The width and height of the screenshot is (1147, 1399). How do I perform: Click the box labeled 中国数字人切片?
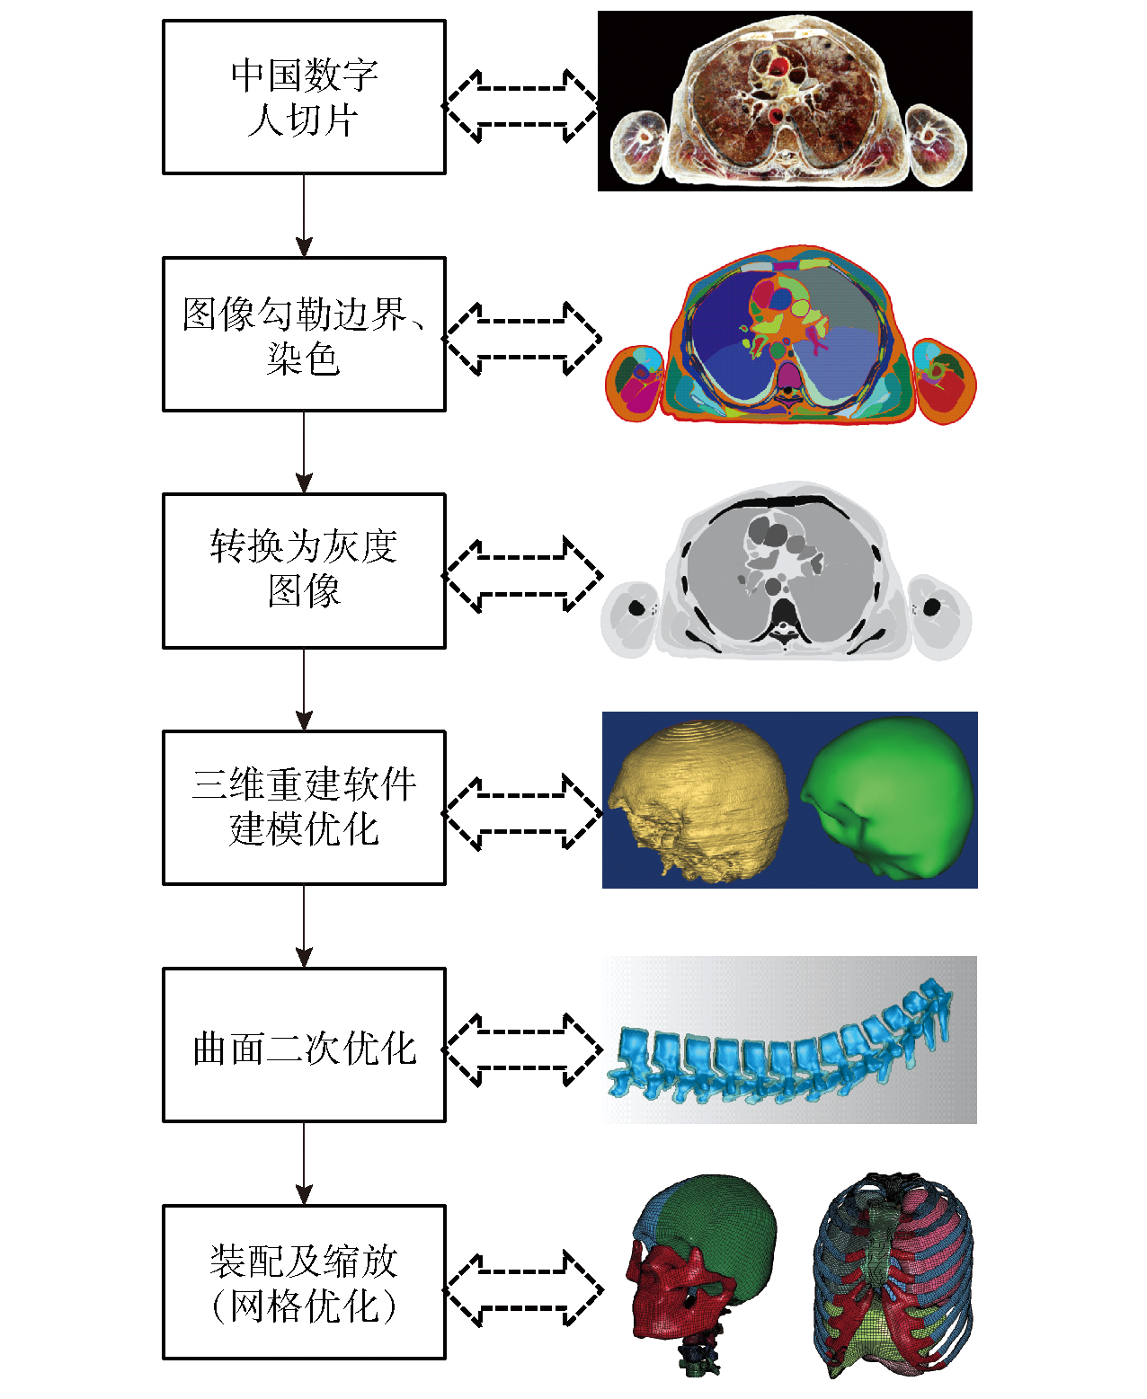[304, 97]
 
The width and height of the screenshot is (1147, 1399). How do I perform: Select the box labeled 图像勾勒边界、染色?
[304, 334]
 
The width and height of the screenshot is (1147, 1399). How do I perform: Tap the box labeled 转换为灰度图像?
[304, 571]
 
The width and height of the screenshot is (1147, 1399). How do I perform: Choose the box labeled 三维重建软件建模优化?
[304, 807]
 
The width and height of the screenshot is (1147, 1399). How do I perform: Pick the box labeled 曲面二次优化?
[304, 1044]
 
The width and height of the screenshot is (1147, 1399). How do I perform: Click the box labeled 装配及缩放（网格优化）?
[304, 1281]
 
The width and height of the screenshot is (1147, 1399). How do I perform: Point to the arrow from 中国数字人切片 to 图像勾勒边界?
[304, 216]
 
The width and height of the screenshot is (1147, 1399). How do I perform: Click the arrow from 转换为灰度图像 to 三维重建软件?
[304, 689]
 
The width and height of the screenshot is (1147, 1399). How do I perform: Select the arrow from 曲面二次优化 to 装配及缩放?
[304, 1163]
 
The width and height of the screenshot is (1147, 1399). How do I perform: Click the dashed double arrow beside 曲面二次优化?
[523, 1049]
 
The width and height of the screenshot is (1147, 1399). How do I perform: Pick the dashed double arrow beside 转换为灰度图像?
[523, 575]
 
